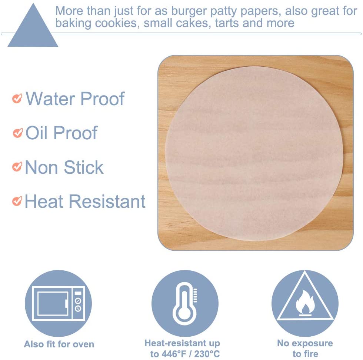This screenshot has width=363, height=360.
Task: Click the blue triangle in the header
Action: pyautogui.click(x=33, y=29)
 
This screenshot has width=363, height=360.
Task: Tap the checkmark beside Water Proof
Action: pyautogui.click(x=17, y=99)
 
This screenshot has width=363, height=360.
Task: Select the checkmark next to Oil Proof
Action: pyautogui.click(x=18, y=133)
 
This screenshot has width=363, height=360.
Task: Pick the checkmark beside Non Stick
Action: pyautogui.click(x=17, y=167)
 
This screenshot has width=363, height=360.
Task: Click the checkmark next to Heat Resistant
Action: pyautogui.click(x=17, y=201)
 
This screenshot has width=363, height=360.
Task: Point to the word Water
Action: pyautogui.click(x=50, y=99)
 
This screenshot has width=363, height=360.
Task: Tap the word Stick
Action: pyautogui.click(x=84, y=167)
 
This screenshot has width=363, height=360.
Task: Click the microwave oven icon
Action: pyautogui.click(x=59, y=303)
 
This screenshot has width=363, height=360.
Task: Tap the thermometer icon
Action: pyautogui.click(x=185, y=303)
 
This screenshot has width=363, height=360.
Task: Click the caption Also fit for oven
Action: pyautogui.click(x=59, y=344)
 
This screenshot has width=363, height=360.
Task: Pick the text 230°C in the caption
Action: pyautogui.click(x=207, y=354)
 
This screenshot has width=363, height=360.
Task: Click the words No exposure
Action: pyautogui.click(x=305, y=343)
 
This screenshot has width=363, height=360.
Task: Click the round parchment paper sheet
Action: pyautogui.click(x=254, y=153)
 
